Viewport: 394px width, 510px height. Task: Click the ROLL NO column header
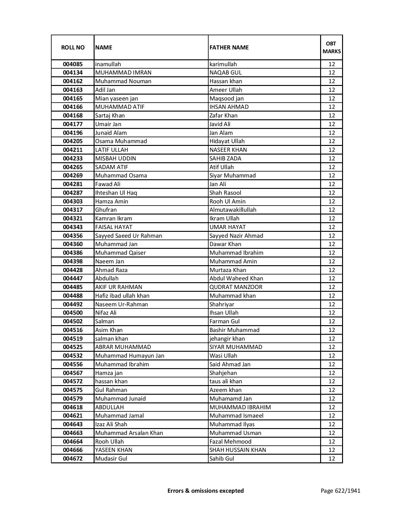pyautogui.click(x=73, y=47)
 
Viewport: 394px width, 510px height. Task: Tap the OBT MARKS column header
pyautogui.click(x=332, y=47)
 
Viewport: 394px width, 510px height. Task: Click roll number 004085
pyautogui.click(x=73, y=64)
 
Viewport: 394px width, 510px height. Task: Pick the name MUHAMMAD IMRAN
pyautogui.click(x=123, y=73)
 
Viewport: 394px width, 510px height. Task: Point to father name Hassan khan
pyautogui.click(x=226, y=81)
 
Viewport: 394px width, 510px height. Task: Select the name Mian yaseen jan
pyautogui.click(x=117, y=99)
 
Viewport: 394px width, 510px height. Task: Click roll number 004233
pyautogui.click(x=73, y=159)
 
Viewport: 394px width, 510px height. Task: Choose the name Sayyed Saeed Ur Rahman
pyautogui.click(x=129, y=236)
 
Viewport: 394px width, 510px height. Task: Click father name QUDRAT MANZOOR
pyautogui.click(x=236, y=287)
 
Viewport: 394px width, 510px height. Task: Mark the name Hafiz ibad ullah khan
pyautogui.click(x=122, y=296)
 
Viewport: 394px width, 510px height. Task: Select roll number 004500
pyautogui.click(x=73, y=313)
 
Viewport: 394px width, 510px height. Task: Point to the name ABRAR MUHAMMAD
pyautogui.click(x=123, y=347)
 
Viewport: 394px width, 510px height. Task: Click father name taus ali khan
pyautogui.click(x=226, y=381)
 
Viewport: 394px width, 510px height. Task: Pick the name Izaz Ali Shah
pyautogui.click(x=111, y=424)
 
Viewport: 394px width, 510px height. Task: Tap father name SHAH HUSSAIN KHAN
pyautogui.click(x=238, y=450)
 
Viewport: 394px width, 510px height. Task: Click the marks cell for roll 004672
pyautogui.click(x=332, y=459)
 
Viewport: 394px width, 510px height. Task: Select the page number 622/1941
pyautogui.click(x=340, y=491)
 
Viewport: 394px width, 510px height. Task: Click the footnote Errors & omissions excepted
pyautogui.click(x=205, y=491)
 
